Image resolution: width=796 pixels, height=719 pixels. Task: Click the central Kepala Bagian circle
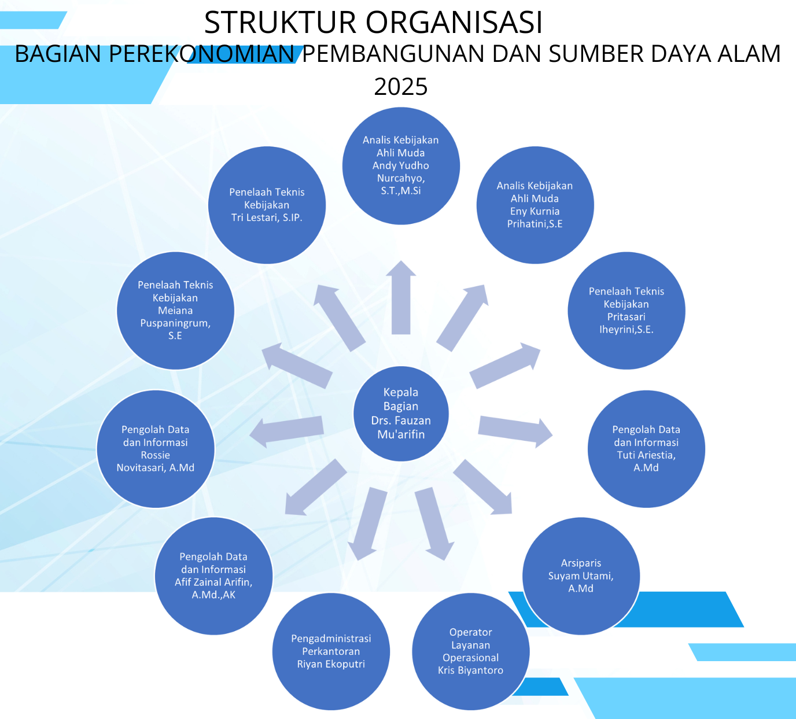pos(401,414)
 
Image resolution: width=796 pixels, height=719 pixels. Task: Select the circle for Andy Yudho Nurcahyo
pos(401,166)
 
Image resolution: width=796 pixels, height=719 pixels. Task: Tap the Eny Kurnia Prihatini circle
pos(535,205)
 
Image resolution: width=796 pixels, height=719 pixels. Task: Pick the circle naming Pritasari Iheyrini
pos(626,310)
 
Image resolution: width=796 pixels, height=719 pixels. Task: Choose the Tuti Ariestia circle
pos(646,449)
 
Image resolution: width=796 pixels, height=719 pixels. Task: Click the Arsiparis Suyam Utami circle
pos(581,576)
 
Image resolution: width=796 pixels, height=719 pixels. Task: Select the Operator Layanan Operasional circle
pos(471,651)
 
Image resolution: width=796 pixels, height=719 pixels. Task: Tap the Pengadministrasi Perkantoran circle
pos(331,651)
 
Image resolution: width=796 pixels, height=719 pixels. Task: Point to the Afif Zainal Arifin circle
pos(213,576)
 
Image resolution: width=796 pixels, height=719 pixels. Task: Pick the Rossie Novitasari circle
pos(156,449)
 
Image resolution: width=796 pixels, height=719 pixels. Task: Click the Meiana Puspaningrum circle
pos(175,310)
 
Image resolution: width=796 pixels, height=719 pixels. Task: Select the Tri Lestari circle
pos(267,205)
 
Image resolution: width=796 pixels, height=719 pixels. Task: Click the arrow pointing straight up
pos(401,297)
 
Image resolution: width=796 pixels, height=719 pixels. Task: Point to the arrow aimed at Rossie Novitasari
pos(286,432)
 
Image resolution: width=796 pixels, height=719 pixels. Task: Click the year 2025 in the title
pos(401,87)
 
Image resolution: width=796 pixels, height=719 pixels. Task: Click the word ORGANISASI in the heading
pos(454,22)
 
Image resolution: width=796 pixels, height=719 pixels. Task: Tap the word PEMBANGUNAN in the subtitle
pos(393,54)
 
